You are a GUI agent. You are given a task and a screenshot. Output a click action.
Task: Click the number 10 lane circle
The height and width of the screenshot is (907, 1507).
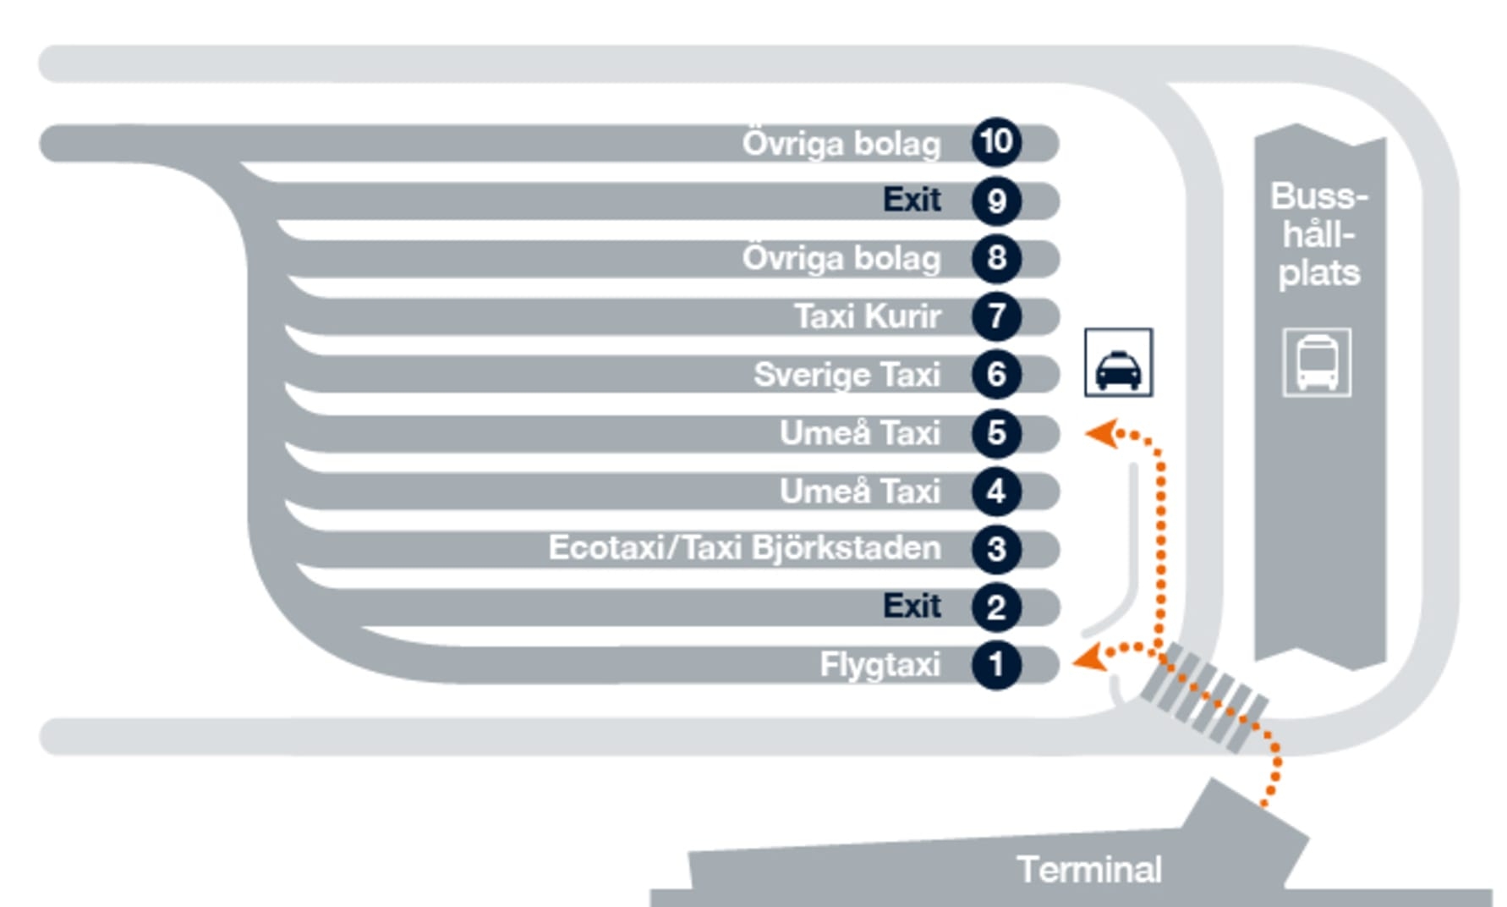[x=996, y=142]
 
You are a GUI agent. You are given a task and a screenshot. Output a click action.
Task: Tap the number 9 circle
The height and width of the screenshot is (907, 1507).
[x=996, y=201]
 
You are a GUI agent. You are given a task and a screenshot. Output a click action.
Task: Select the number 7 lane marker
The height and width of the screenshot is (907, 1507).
[x=996, y=316]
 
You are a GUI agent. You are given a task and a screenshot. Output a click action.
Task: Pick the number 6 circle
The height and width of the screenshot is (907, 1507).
[x=996, y=374]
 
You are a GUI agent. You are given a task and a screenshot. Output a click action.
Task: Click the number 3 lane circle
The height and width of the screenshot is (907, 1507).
[x=996, y=549]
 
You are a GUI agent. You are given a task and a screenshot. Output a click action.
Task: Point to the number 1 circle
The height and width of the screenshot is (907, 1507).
[x=996, y=665]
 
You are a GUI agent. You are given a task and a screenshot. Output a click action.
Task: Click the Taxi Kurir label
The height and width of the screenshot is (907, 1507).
[x=867, y=316]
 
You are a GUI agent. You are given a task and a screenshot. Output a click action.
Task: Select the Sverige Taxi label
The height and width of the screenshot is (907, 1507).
[x=847, y=375]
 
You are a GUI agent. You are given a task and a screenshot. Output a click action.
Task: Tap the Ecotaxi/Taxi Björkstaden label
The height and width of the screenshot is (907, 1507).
[x=744, y=548]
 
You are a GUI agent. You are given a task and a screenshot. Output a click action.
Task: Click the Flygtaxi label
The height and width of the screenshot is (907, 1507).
[x=880, y=665]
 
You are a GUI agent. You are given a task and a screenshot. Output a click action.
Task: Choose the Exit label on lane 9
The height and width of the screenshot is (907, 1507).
[x=912, y=200]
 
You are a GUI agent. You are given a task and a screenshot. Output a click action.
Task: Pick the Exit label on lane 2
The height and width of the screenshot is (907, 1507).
[x=912, y=606]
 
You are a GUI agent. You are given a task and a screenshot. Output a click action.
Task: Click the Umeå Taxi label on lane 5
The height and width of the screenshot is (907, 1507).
[x=859, y=433]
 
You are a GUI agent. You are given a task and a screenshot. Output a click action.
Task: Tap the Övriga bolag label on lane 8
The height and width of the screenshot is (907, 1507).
[x=841, y=259]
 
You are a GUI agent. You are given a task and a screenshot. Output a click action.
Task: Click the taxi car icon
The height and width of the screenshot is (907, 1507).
[x=1118, y=363]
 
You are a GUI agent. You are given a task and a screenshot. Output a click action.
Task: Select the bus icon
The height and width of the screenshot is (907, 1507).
[x=1317, y=363]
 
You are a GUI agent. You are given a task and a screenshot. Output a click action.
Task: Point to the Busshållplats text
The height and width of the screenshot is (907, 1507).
[x=1318, y=234]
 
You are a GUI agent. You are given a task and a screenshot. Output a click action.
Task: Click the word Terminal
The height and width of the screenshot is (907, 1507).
[x=1089, y=870]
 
